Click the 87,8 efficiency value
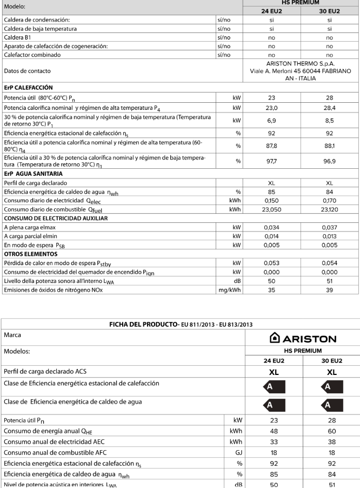click(271, 146)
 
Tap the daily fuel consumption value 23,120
click(329, 209)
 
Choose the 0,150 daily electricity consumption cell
click(271, 200)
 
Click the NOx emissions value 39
click(329, 290)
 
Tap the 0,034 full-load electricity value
click(271, 227)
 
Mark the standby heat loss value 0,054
click(329, 262)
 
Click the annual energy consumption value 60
click(331, 431)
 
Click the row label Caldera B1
click(18, 38)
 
